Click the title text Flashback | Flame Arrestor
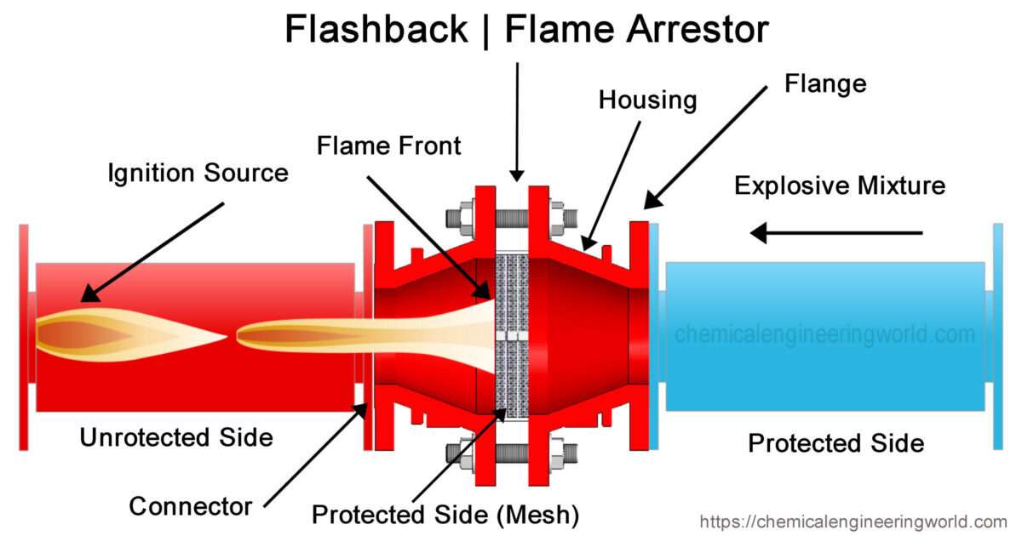(526, 31)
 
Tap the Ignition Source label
(198, 174)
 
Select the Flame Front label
(388, 145)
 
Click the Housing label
(647, 100)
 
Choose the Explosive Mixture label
(840, 185)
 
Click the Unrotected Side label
(176, 437)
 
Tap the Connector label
(191, 506)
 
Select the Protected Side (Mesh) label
(445, 514)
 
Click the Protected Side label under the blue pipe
(835, 443)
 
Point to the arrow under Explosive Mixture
(835, 231)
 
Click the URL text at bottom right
(853, 522)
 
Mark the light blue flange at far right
(997, 336)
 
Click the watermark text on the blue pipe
(824, 334)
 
